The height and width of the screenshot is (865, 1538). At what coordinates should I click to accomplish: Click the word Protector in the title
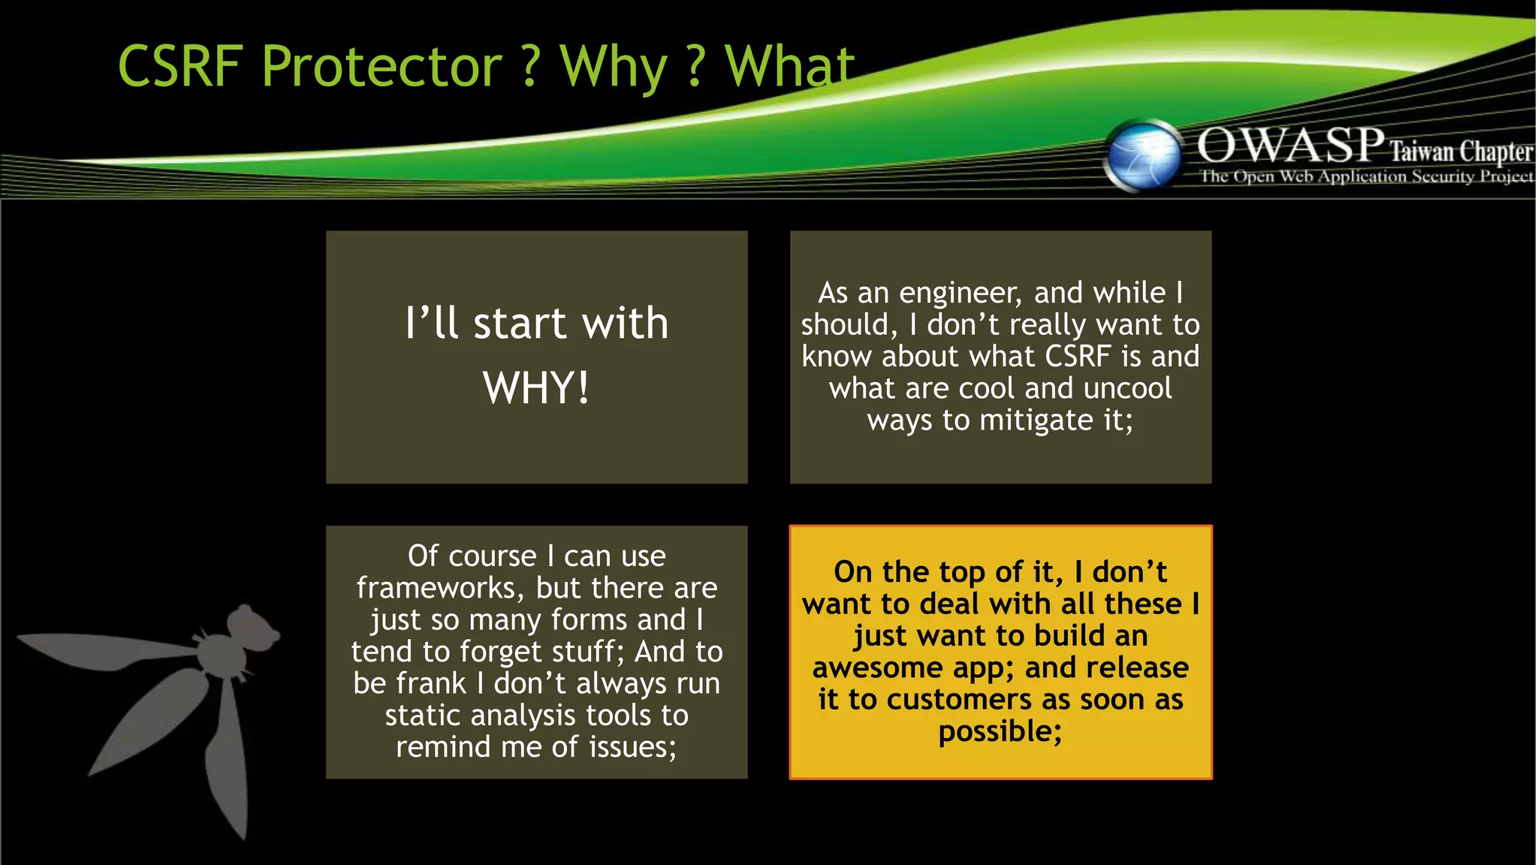click(381, 66)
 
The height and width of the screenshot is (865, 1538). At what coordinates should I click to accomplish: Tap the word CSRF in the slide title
click(179, 66)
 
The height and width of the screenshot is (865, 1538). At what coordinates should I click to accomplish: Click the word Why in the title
click(613, 68)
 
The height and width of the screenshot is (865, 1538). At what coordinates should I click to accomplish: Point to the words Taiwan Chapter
click(1461, 152)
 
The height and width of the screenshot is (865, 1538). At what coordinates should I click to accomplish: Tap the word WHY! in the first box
click(536, 387)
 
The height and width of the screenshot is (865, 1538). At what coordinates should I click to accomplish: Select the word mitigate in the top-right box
click(1037, 420)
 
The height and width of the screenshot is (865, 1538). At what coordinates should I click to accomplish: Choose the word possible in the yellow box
click(1000, 731)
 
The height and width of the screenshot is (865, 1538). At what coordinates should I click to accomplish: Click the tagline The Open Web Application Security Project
click(1366, 177)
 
